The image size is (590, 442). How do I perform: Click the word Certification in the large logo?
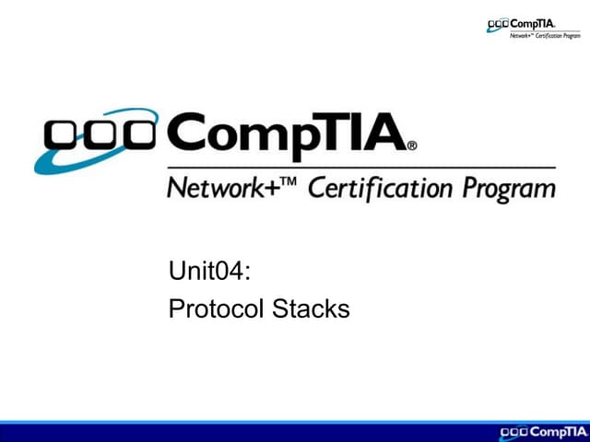377,190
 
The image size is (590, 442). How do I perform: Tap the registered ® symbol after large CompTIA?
412,145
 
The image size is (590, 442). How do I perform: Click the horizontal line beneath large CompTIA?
360,168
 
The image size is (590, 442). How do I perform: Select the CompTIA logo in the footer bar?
540,432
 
